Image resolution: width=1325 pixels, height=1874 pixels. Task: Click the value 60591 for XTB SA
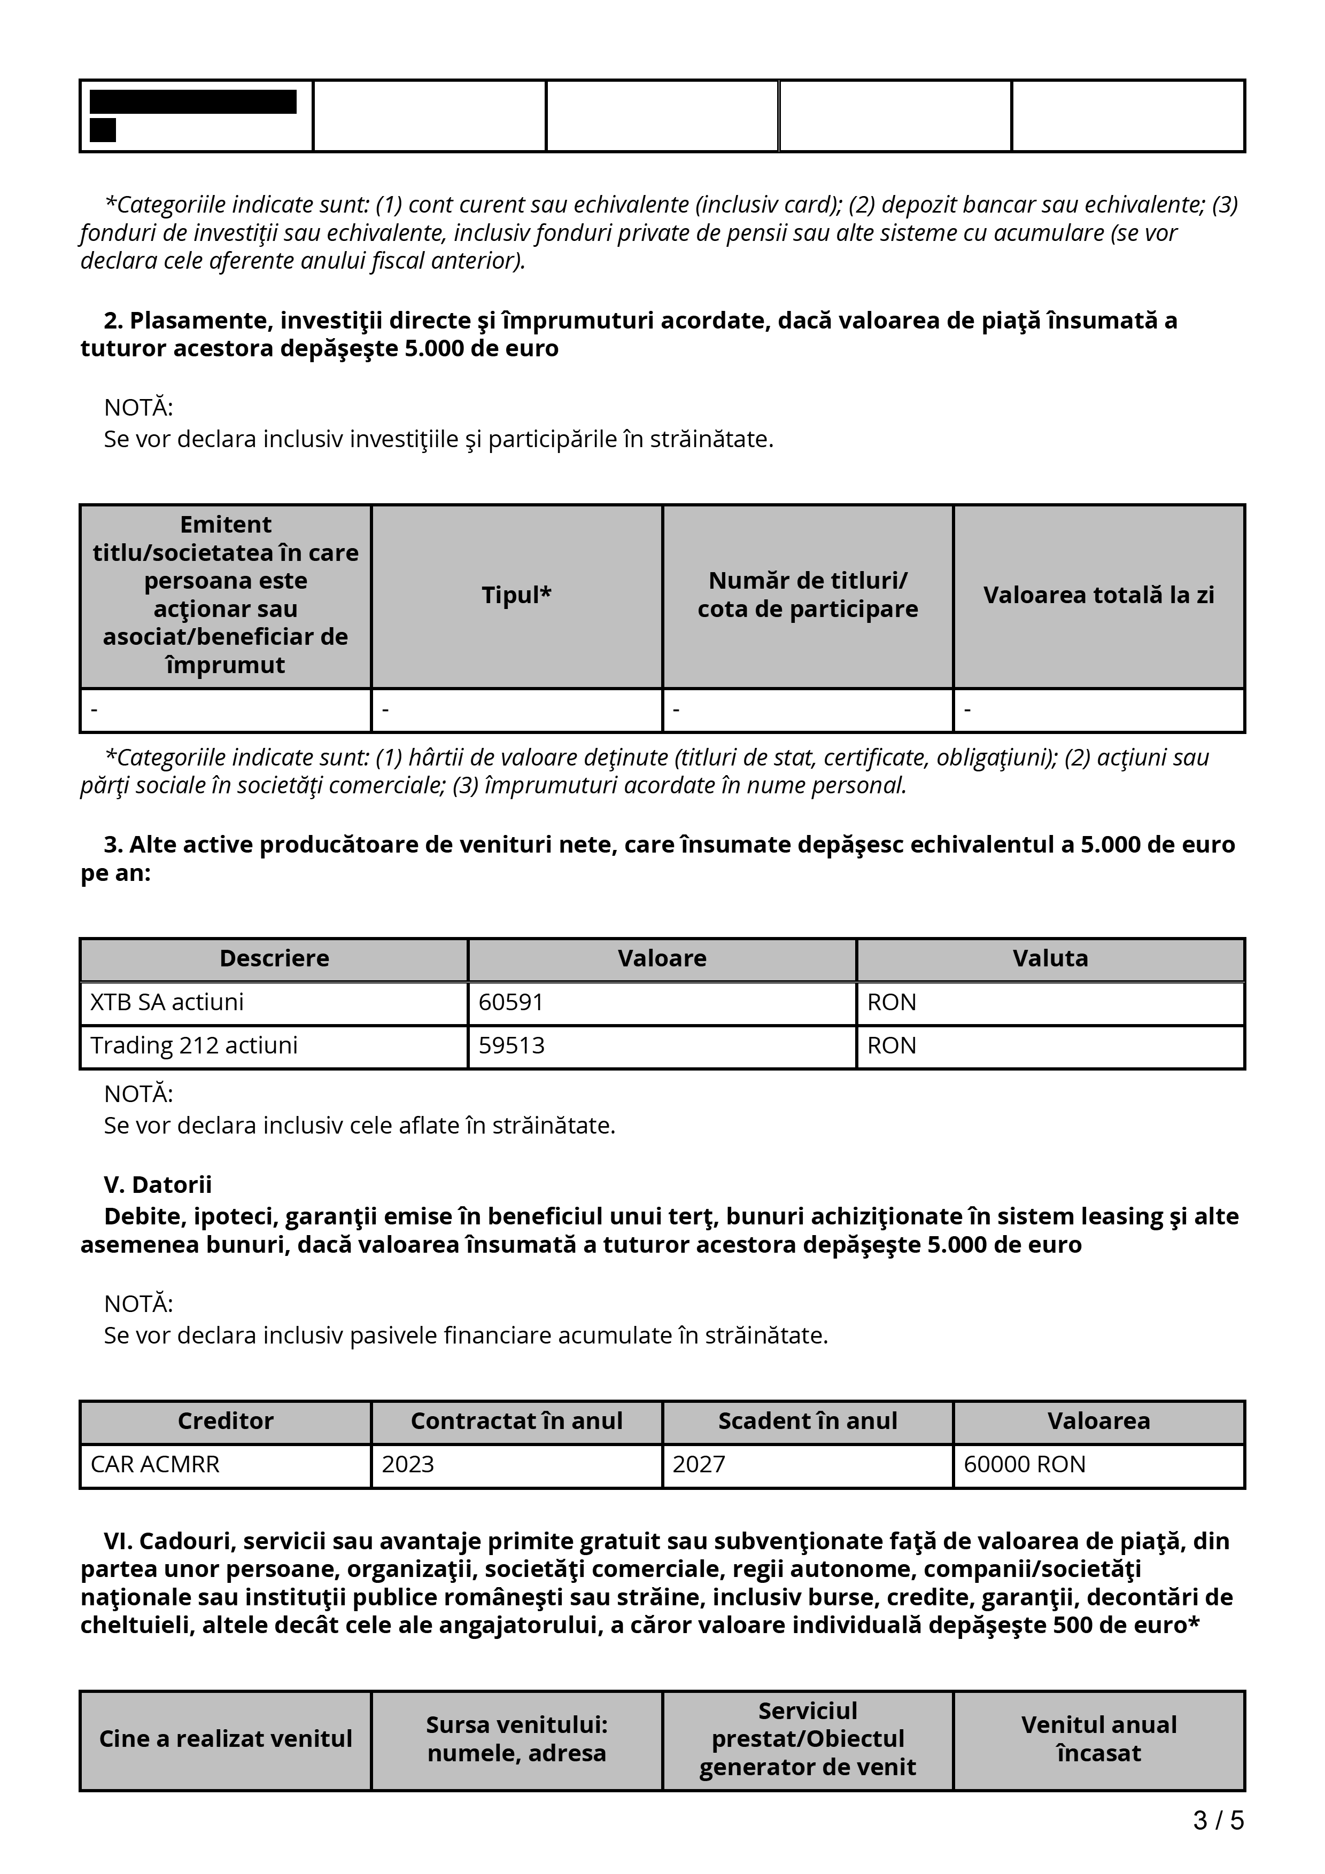[511, 1002]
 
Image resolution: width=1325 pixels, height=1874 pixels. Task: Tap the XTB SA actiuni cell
[167, 1002]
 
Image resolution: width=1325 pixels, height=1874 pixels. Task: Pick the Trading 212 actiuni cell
[195, 1045]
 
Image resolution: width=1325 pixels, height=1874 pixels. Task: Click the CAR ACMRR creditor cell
[155, 1464]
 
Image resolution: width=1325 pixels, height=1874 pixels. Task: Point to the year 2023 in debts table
[408, 1464]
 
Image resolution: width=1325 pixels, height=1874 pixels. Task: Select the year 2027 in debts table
[699, 1464]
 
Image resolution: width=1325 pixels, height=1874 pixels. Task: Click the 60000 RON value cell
[1025, 1464]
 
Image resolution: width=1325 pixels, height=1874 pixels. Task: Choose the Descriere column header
[274, 958]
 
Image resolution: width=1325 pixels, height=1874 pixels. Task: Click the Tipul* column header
[517, 595]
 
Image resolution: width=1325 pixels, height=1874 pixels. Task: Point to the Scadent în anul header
[808, 1421]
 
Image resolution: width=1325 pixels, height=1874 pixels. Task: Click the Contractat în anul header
[517, 1421]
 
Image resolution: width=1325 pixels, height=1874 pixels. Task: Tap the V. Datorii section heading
[158, 1184]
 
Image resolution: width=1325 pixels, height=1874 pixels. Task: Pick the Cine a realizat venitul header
[226, 1739]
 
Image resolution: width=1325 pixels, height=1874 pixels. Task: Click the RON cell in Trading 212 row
[892, 1045]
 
